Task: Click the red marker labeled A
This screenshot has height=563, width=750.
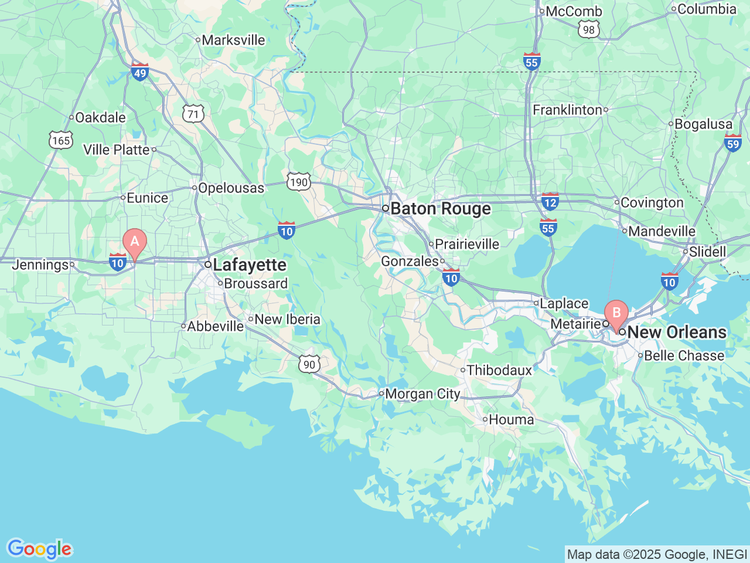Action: tap(135, 242)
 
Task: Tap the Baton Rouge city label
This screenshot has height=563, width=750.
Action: tap(441, 209)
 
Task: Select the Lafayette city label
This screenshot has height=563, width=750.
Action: tap(250, 265)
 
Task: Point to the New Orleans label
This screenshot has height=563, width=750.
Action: tap(677, 333)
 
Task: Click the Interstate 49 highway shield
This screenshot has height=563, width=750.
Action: tap(140, 72)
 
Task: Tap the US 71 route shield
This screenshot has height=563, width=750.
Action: tap(193, 114)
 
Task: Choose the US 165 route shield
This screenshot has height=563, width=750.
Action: tap(61, 140)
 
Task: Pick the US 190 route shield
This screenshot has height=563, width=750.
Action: tap(299, 182)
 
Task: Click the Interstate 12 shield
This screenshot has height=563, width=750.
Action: tap(550, 202)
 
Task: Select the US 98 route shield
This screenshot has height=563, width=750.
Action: tap(588, 30)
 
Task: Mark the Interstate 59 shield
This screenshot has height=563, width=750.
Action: tap(732, 143)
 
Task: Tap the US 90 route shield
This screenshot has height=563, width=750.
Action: tap(309, 364)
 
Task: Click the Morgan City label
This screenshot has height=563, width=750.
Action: tap(422, 394)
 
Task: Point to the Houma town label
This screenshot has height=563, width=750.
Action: tap(511, 420)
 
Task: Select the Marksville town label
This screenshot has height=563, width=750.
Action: tap(233, 40)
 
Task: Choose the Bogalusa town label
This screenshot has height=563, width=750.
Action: tap(703, 124)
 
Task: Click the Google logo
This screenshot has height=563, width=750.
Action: tap(39, 550)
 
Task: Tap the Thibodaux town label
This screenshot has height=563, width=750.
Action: tap(499, 371)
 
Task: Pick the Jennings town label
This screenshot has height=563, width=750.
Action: tap(40, 265)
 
